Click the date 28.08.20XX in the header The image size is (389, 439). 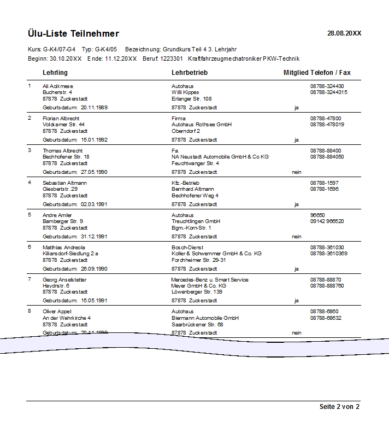344,33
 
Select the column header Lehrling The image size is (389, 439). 55,73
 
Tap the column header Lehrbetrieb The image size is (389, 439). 190,73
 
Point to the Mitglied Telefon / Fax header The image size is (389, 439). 317,73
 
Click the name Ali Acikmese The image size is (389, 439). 58,86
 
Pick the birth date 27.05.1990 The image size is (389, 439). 94,172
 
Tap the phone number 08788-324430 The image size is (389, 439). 327,86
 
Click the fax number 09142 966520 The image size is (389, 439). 327,221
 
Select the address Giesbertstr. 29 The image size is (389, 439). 60,189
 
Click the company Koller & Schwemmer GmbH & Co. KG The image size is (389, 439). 216,254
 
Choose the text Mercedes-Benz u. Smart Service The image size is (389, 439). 210,280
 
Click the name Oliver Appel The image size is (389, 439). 57,312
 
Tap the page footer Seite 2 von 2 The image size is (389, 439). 339,407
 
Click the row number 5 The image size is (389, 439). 30,215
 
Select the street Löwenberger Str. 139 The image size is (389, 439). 197,292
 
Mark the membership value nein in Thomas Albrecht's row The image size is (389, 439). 297,172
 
